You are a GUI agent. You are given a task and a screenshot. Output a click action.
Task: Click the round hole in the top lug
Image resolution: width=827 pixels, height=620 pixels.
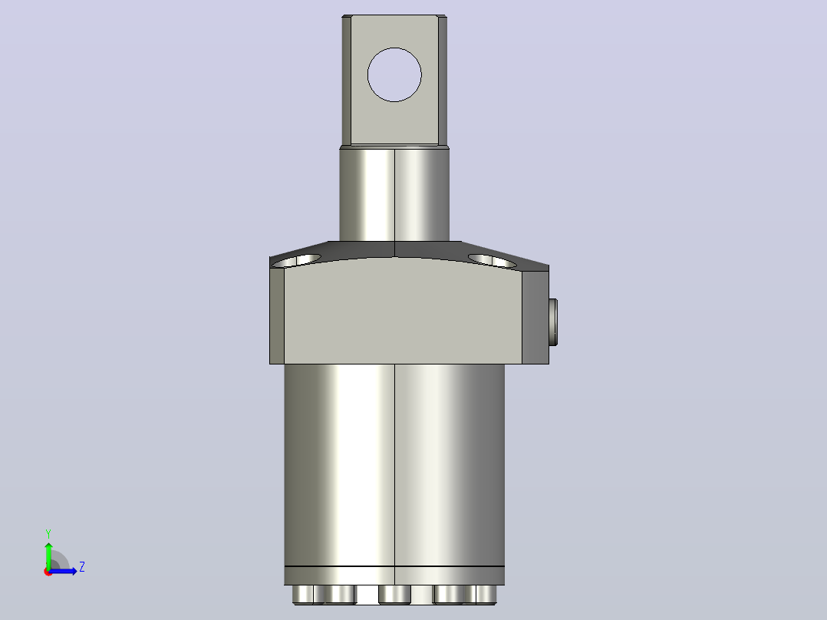tap(394, 74)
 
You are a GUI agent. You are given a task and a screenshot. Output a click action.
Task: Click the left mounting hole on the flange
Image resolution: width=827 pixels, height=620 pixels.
tap(297, 261)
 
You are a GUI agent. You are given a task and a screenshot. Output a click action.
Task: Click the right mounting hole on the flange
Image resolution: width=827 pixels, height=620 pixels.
tap(492, 261)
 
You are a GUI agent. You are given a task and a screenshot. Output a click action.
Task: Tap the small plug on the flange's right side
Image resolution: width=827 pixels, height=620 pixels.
tap(553, 322)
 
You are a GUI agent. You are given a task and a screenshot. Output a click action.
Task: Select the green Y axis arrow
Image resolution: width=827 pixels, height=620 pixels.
tap(48, 555)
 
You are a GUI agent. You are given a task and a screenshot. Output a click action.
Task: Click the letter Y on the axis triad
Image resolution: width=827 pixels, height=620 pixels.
tap(48, 533)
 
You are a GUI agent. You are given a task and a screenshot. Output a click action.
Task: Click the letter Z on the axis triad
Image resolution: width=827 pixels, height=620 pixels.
tap(82, 567)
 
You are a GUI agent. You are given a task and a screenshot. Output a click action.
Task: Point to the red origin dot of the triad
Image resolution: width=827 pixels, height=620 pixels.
tap(48, 572)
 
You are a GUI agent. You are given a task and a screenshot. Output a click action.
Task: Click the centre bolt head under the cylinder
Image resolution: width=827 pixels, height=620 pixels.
tap(394, 594)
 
